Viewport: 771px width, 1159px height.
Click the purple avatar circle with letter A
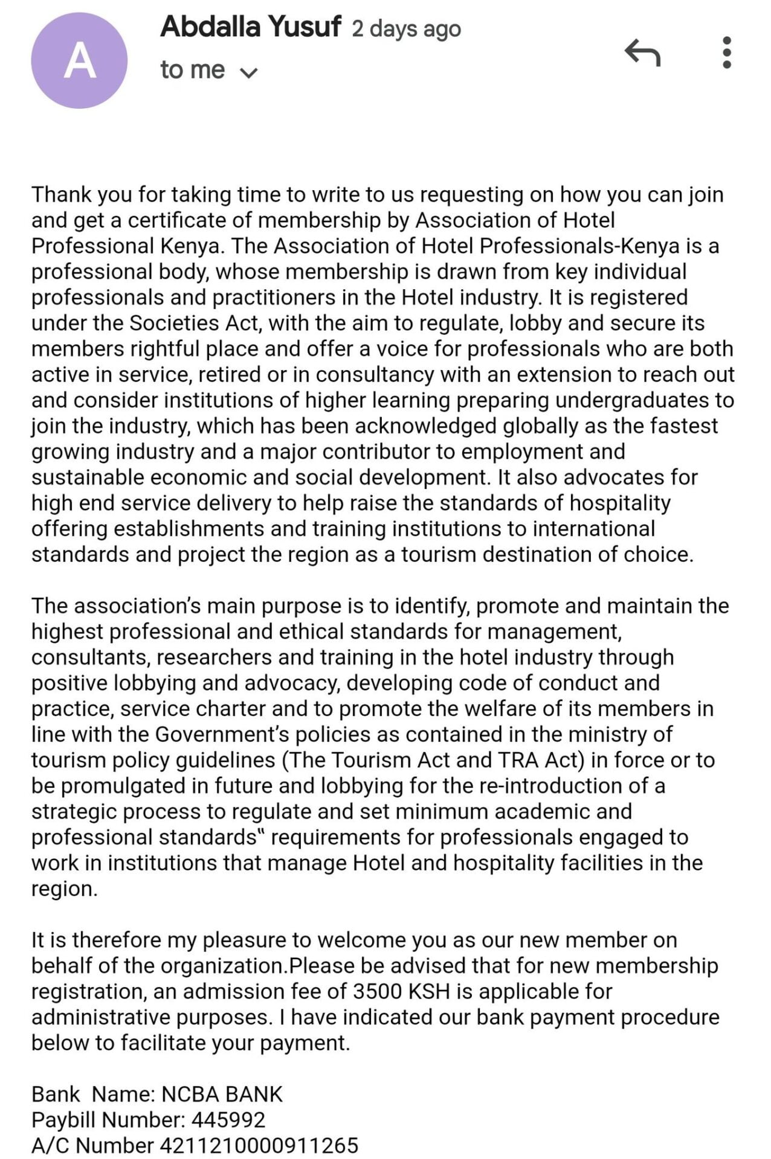click(79, 61)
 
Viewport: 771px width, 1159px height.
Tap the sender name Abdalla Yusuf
click(250, 27)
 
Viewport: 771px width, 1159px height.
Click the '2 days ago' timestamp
click(406, 28)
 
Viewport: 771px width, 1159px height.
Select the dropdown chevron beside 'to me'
click(249, 73)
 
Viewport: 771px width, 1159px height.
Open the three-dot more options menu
click(727, 53)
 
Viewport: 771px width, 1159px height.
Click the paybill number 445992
click(228, 1120)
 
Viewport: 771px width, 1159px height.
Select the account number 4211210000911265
click(259, 1145)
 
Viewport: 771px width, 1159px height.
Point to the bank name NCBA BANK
click(222, 1094)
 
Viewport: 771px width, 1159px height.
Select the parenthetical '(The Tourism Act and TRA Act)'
click(433, 759)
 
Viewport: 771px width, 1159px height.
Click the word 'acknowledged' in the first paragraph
click(425, 426)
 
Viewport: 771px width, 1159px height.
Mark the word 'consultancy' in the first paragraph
click(375, 374)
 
